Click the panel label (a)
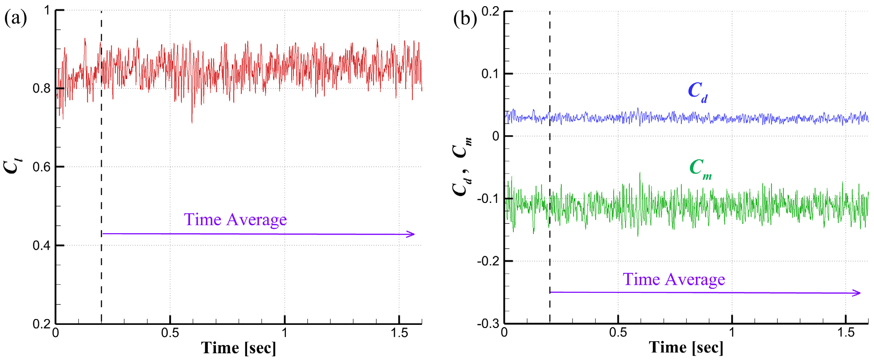pos(16,19)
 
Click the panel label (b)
pos(465,19)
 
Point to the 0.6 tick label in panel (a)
pos(41,167)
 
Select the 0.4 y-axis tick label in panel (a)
pos(41,246)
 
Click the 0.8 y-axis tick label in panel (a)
pos(41,89)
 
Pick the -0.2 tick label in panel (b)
pos(488,261)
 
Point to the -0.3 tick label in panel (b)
pos(488,324)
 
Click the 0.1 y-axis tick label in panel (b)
pos(491,74)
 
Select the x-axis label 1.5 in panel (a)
pos(399,333)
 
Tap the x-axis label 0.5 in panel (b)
pos(618,333)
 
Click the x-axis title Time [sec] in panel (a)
pos(238,348)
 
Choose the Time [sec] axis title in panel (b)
pos(686,348)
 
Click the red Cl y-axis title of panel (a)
pos(12,166)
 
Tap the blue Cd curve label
pos(697,92)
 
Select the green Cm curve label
pos(700,169)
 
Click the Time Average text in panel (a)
pos(235,220)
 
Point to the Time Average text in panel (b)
pos(674,279)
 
